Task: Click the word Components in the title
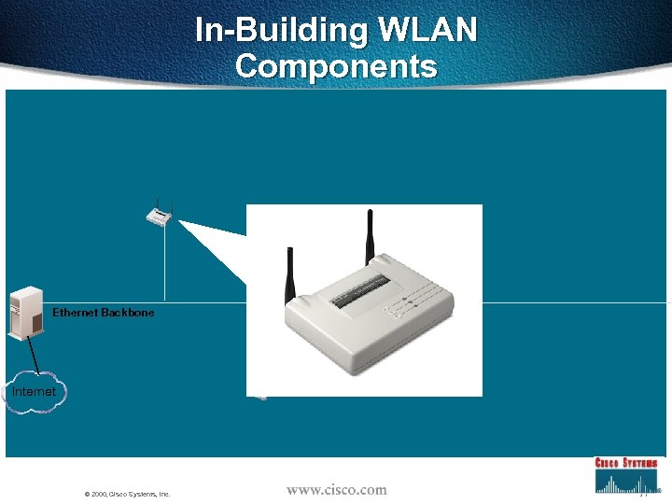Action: point(336,66)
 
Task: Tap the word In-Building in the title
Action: point(281,31)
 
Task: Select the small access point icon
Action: point(160,217)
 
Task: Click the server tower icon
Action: point(25,312)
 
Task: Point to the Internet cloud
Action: point(33,392)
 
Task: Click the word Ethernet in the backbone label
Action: point(75,313)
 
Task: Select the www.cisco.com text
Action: point(336,489)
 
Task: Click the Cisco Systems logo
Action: point(626,474)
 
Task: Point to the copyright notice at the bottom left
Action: point(127,494)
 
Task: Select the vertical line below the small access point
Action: point(165,266)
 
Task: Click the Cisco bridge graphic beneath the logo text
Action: point(626,482)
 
